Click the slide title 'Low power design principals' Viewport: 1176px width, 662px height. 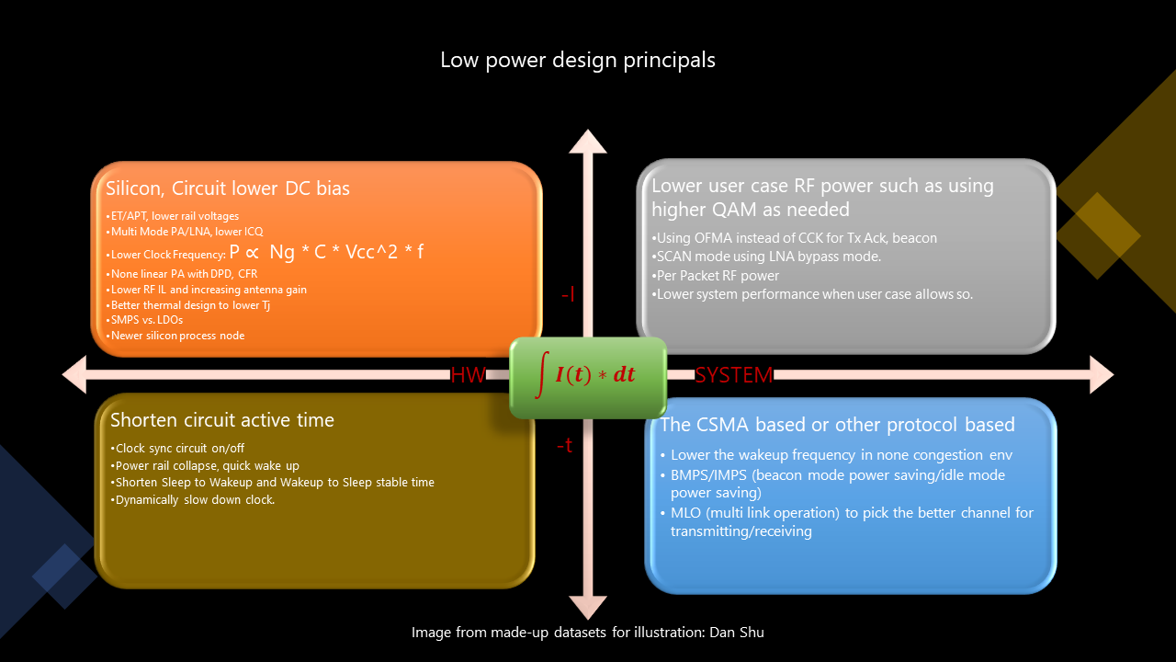coord(578,61)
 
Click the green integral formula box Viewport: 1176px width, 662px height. coord(588,378)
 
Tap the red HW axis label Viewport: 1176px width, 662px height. coord(469,375)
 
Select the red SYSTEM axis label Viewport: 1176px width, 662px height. coord(734,375)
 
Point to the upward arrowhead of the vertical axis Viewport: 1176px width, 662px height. coord(588,142)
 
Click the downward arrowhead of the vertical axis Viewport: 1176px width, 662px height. coord(588,608)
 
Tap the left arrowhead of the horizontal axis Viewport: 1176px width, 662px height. coord(74,374)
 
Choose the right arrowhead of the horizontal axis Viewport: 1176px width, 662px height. coord(1102,374)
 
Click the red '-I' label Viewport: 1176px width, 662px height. coord(568,294)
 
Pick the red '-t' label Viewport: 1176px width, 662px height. coord(564,446)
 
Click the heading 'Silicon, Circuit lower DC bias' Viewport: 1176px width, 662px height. coord(227,188)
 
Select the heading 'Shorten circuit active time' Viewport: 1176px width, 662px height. coord(222,420)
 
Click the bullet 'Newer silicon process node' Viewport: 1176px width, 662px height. coord(175,336)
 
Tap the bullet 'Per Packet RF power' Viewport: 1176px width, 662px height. coord(715,276)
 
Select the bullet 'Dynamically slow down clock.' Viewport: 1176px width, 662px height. coord(193,500)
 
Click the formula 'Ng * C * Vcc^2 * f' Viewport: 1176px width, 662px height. coord(346,252)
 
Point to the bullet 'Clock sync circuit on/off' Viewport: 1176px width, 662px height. coord(177,449)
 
